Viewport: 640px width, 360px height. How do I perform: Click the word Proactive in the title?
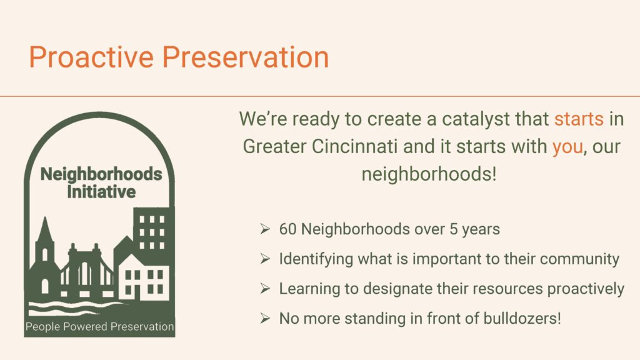91,57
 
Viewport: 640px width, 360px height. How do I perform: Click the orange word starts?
579,119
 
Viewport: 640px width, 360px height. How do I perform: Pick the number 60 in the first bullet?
288,229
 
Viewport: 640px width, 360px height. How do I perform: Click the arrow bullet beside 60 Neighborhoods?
265,229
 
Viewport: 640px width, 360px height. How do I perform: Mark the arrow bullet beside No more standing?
265,319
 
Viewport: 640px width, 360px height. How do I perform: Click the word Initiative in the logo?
101,192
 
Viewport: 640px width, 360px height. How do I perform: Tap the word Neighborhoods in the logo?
101,174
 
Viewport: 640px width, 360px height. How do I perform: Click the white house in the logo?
143,278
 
